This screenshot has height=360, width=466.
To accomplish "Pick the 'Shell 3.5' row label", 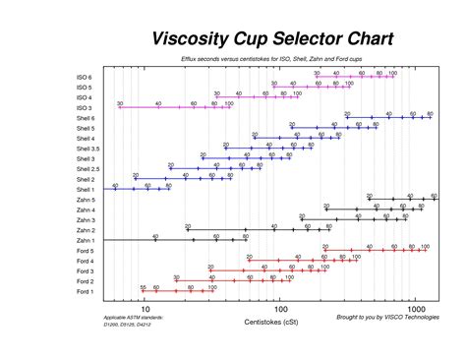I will coord(82,149).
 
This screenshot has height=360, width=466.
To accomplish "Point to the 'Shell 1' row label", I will coord(84,190).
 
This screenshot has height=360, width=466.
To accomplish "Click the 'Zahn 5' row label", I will coord(85,200).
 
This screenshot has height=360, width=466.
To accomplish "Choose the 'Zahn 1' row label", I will coord(85,241).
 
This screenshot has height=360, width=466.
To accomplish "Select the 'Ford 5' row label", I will coord(85,251).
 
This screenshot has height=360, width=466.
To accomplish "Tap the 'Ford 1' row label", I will coord(85,292).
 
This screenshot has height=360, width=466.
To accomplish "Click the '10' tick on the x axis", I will coord(145,308).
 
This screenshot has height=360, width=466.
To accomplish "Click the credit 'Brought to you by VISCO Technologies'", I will coord(387,318).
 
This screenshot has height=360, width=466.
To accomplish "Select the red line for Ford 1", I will coord(177,292).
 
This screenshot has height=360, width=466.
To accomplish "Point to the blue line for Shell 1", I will coord(138,189).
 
